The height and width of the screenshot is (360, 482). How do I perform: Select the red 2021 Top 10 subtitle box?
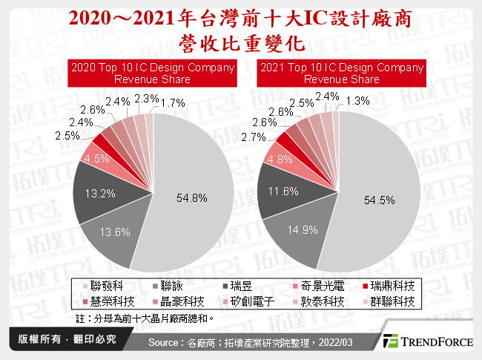point(341,73)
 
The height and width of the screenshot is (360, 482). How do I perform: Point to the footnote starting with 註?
point(145,318)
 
